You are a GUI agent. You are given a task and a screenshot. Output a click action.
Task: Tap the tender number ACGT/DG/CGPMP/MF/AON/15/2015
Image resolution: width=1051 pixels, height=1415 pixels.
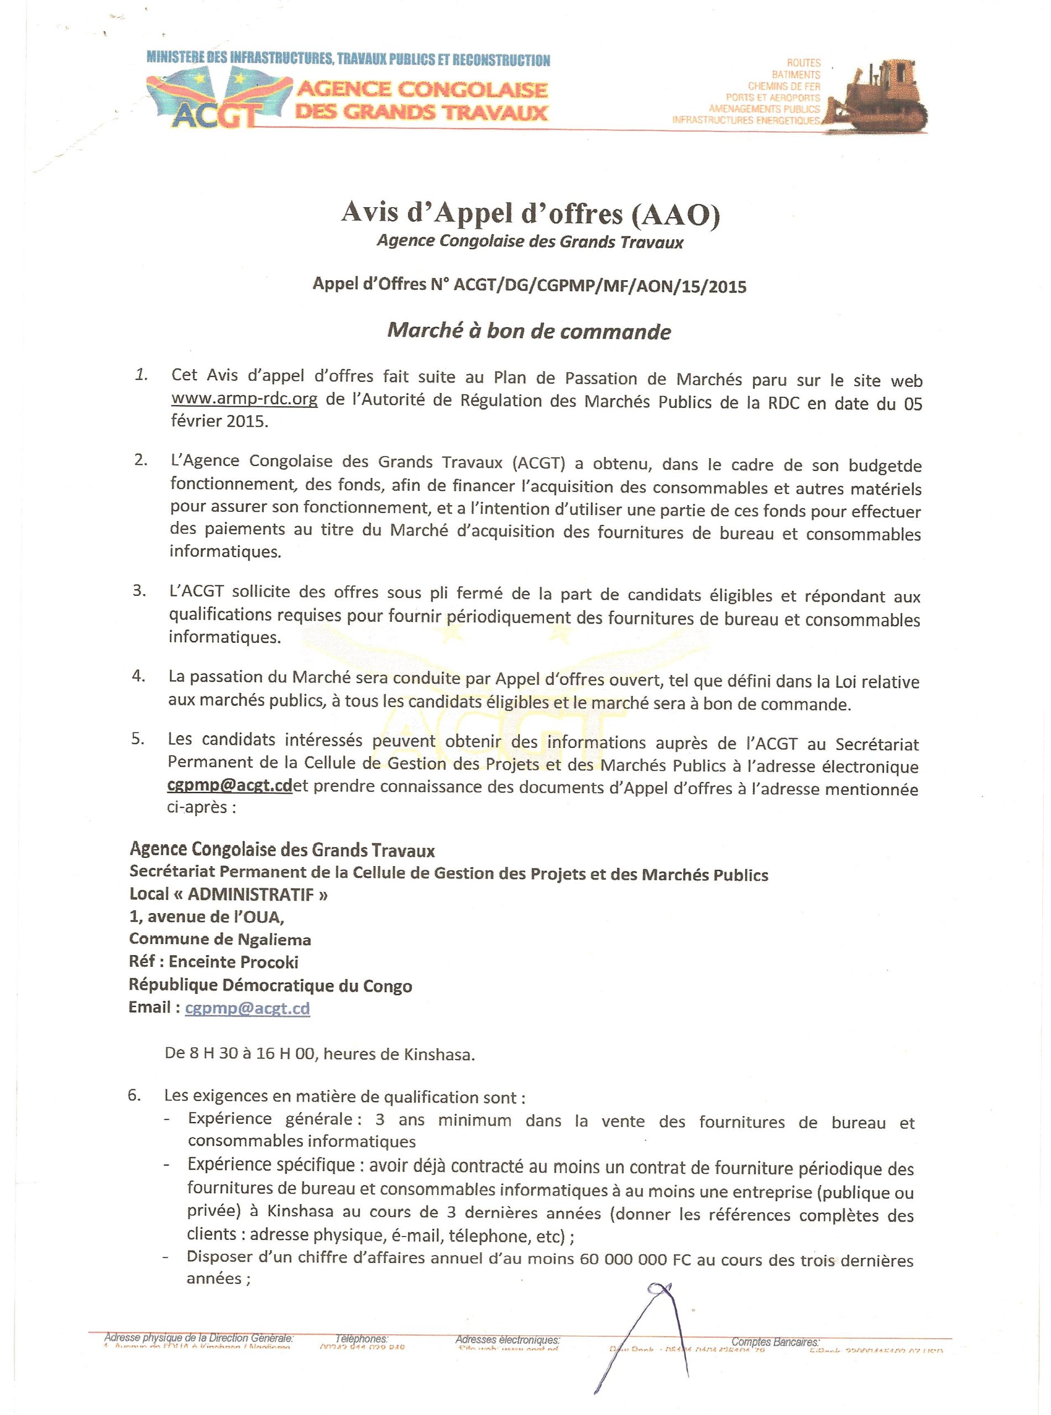[x=599, y=286]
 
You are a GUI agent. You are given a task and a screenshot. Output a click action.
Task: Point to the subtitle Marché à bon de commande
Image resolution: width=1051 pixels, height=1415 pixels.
[x=529, y=331]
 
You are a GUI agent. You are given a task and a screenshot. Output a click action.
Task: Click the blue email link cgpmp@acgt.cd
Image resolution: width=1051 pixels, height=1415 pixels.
[x=248, y=1009]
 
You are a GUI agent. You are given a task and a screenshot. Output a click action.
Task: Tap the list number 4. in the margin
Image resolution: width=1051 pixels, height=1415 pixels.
[x=139, y=676]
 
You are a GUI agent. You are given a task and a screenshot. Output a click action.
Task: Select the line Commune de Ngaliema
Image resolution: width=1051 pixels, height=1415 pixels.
[x=220, y=939]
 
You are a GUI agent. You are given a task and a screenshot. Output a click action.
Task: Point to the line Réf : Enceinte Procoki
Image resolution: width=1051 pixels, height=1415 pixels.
[x=214, y=962]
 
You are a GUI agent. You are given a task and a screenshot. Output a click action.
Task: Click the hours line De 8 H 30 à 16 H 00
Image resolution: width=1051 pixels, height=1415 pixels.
[x=320, y=1055]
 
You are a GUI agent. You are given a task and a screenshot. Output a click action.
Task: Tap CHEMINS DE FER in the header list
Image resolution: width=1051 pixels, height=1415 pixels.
[x=784, y=86]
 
